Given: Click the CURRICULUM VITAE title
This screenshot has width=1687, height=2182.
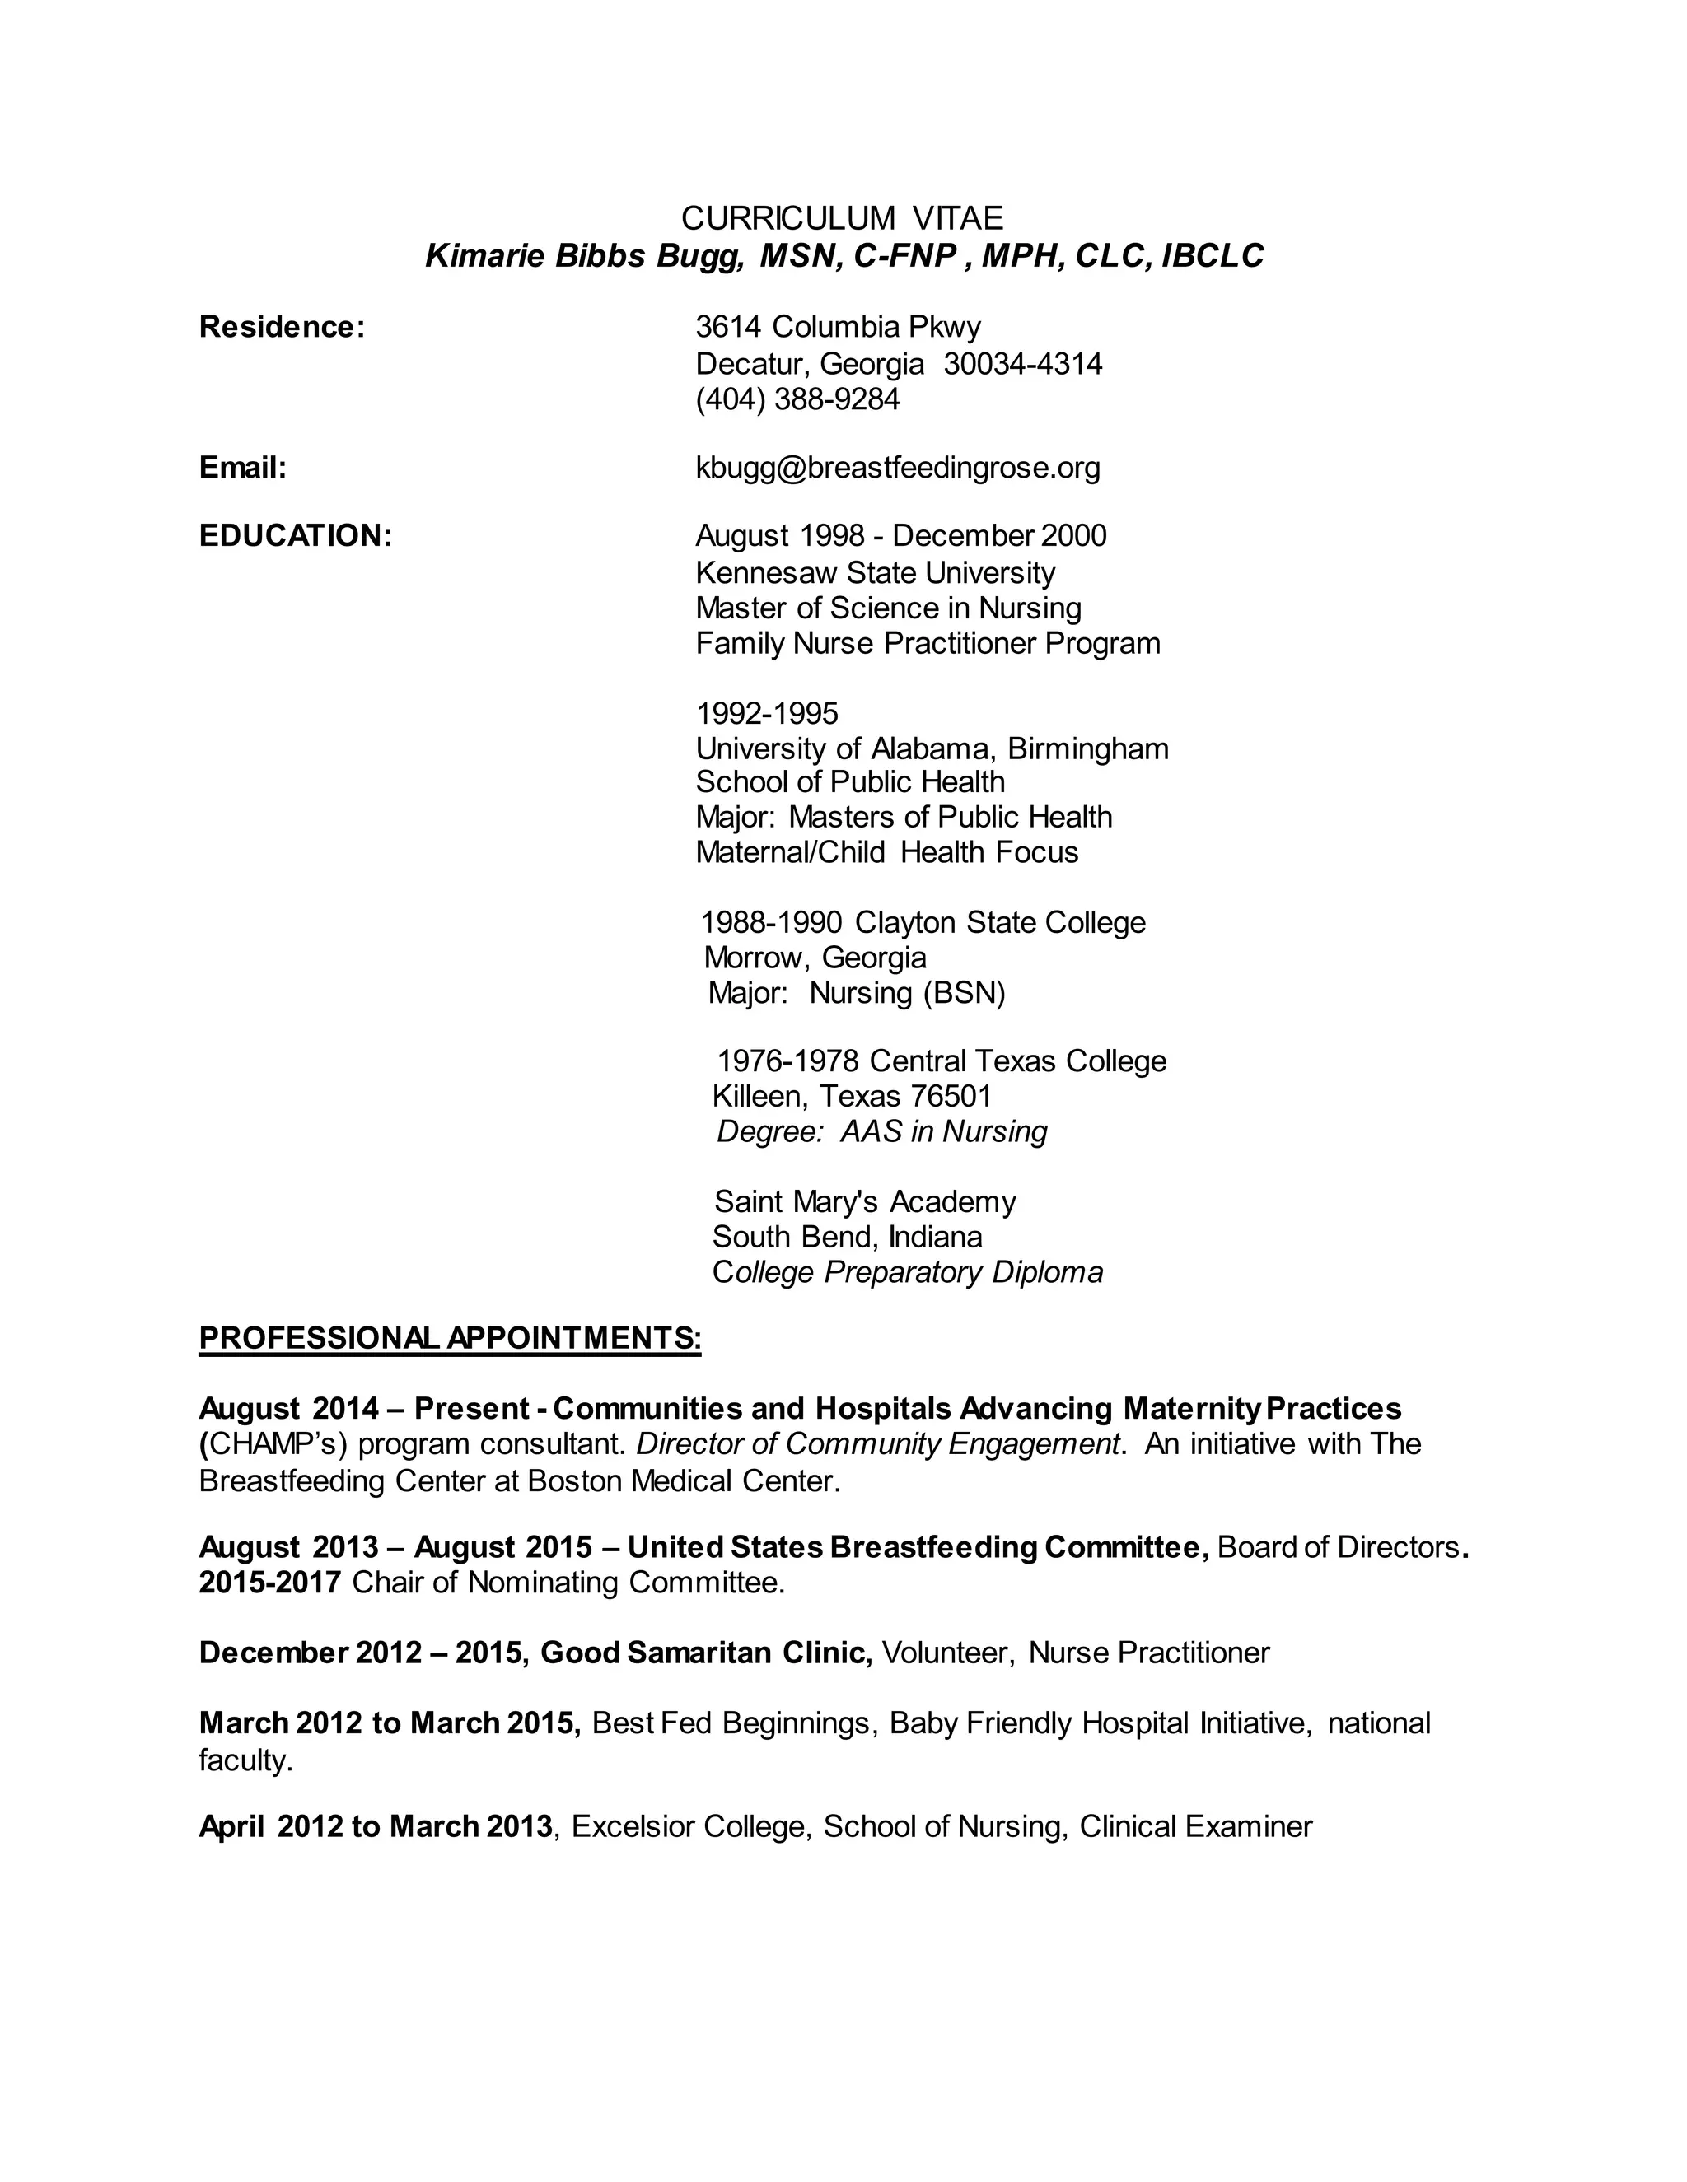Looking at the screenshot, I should (842, 218).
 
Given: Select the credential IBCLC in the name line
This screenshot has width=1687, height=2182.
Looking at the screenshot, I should (1213, 257).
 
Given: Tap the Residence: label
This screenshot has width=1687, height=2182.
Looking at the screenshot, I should (282, 327).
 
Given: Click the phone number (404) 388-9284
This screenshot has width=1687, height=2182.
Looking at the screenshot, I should (797, 399).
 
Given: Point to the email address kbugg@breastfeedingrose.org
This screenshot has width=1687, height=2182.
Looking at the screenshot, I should (898, 468).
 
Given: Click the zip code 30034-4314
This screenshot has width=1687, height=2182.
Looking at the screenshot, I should (1022, 364).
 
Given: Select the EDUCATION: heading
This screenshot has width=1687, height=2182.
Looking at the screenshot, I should (295, 535).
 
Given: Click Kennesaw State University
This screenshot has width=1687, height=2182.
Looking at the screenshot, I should (875, 572).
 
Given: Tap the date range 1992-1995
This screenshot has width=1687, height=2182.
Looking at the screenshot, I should (767, 713).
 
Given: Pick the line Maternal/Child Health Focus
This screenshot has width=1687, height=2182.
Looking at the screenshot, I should (886, 852).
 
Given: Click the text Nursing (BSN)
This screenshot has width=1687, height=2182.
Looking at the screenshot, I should (906, 993).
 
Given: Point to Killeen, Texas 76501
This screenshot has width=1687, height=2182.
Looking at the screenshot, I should (852, 1096).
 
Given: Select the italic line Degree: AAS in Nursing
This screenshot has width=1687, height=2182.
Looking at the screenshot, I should (881, 1131).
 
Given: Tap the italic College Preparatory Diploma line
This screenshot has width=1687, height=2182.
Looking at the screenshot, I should (906, 1272).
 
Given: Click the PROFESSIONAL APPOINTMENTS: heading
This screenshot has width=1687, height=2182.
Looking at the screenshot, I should (450, 1338).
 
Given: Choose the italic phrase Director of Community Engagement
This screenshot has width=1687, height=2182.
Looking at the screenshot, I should (877, 1443).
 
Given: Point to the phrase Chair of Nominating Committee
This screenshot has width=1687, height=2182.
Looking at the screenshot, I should (568, 1583).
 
